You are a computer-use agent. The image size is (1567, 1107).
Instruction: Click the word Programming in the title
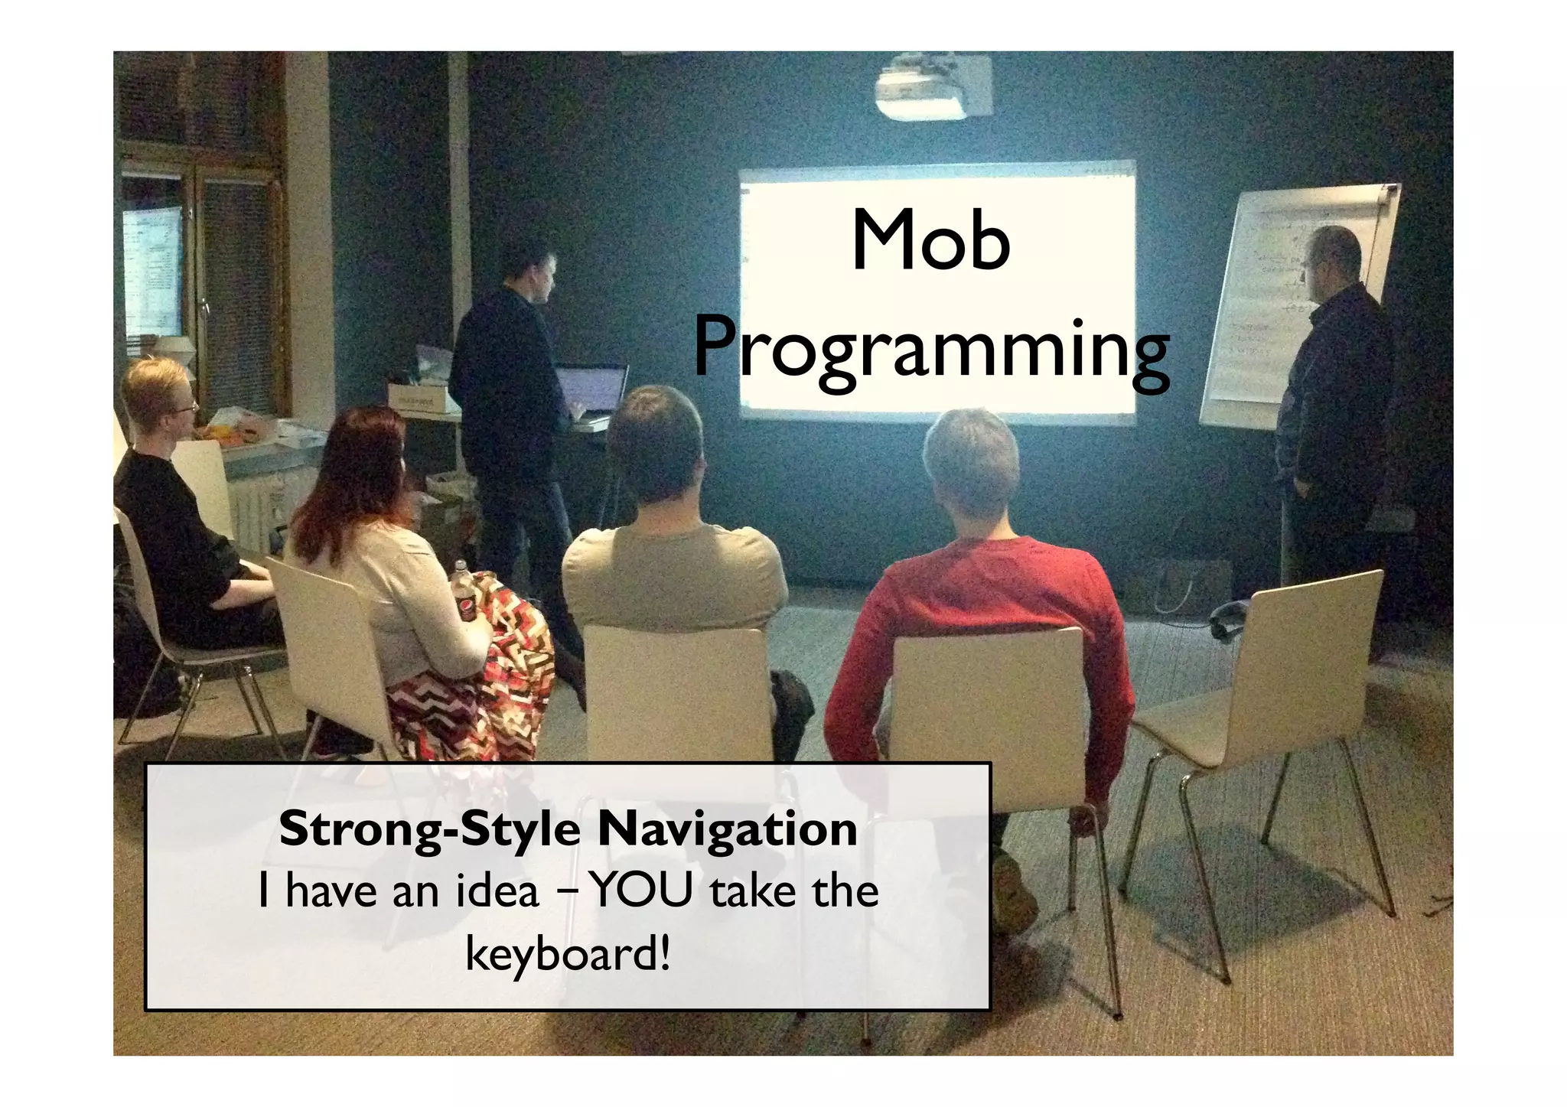[x=931, y=350]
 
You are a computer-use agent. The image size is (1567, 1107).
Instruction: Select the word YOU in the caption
[x=643, y=891]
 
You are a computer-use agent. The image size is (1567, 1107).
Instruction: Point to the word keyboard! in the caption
[x=568, y=954]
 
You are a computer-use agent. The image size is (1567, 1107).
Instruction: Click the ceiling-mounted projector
[x=924, y=91]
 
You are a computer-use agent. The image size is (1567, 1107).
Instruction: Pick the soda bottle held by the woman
[x=464, y=593]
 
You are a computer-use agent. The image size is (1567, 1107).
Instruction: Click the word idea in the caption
[x=498, y=892]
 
